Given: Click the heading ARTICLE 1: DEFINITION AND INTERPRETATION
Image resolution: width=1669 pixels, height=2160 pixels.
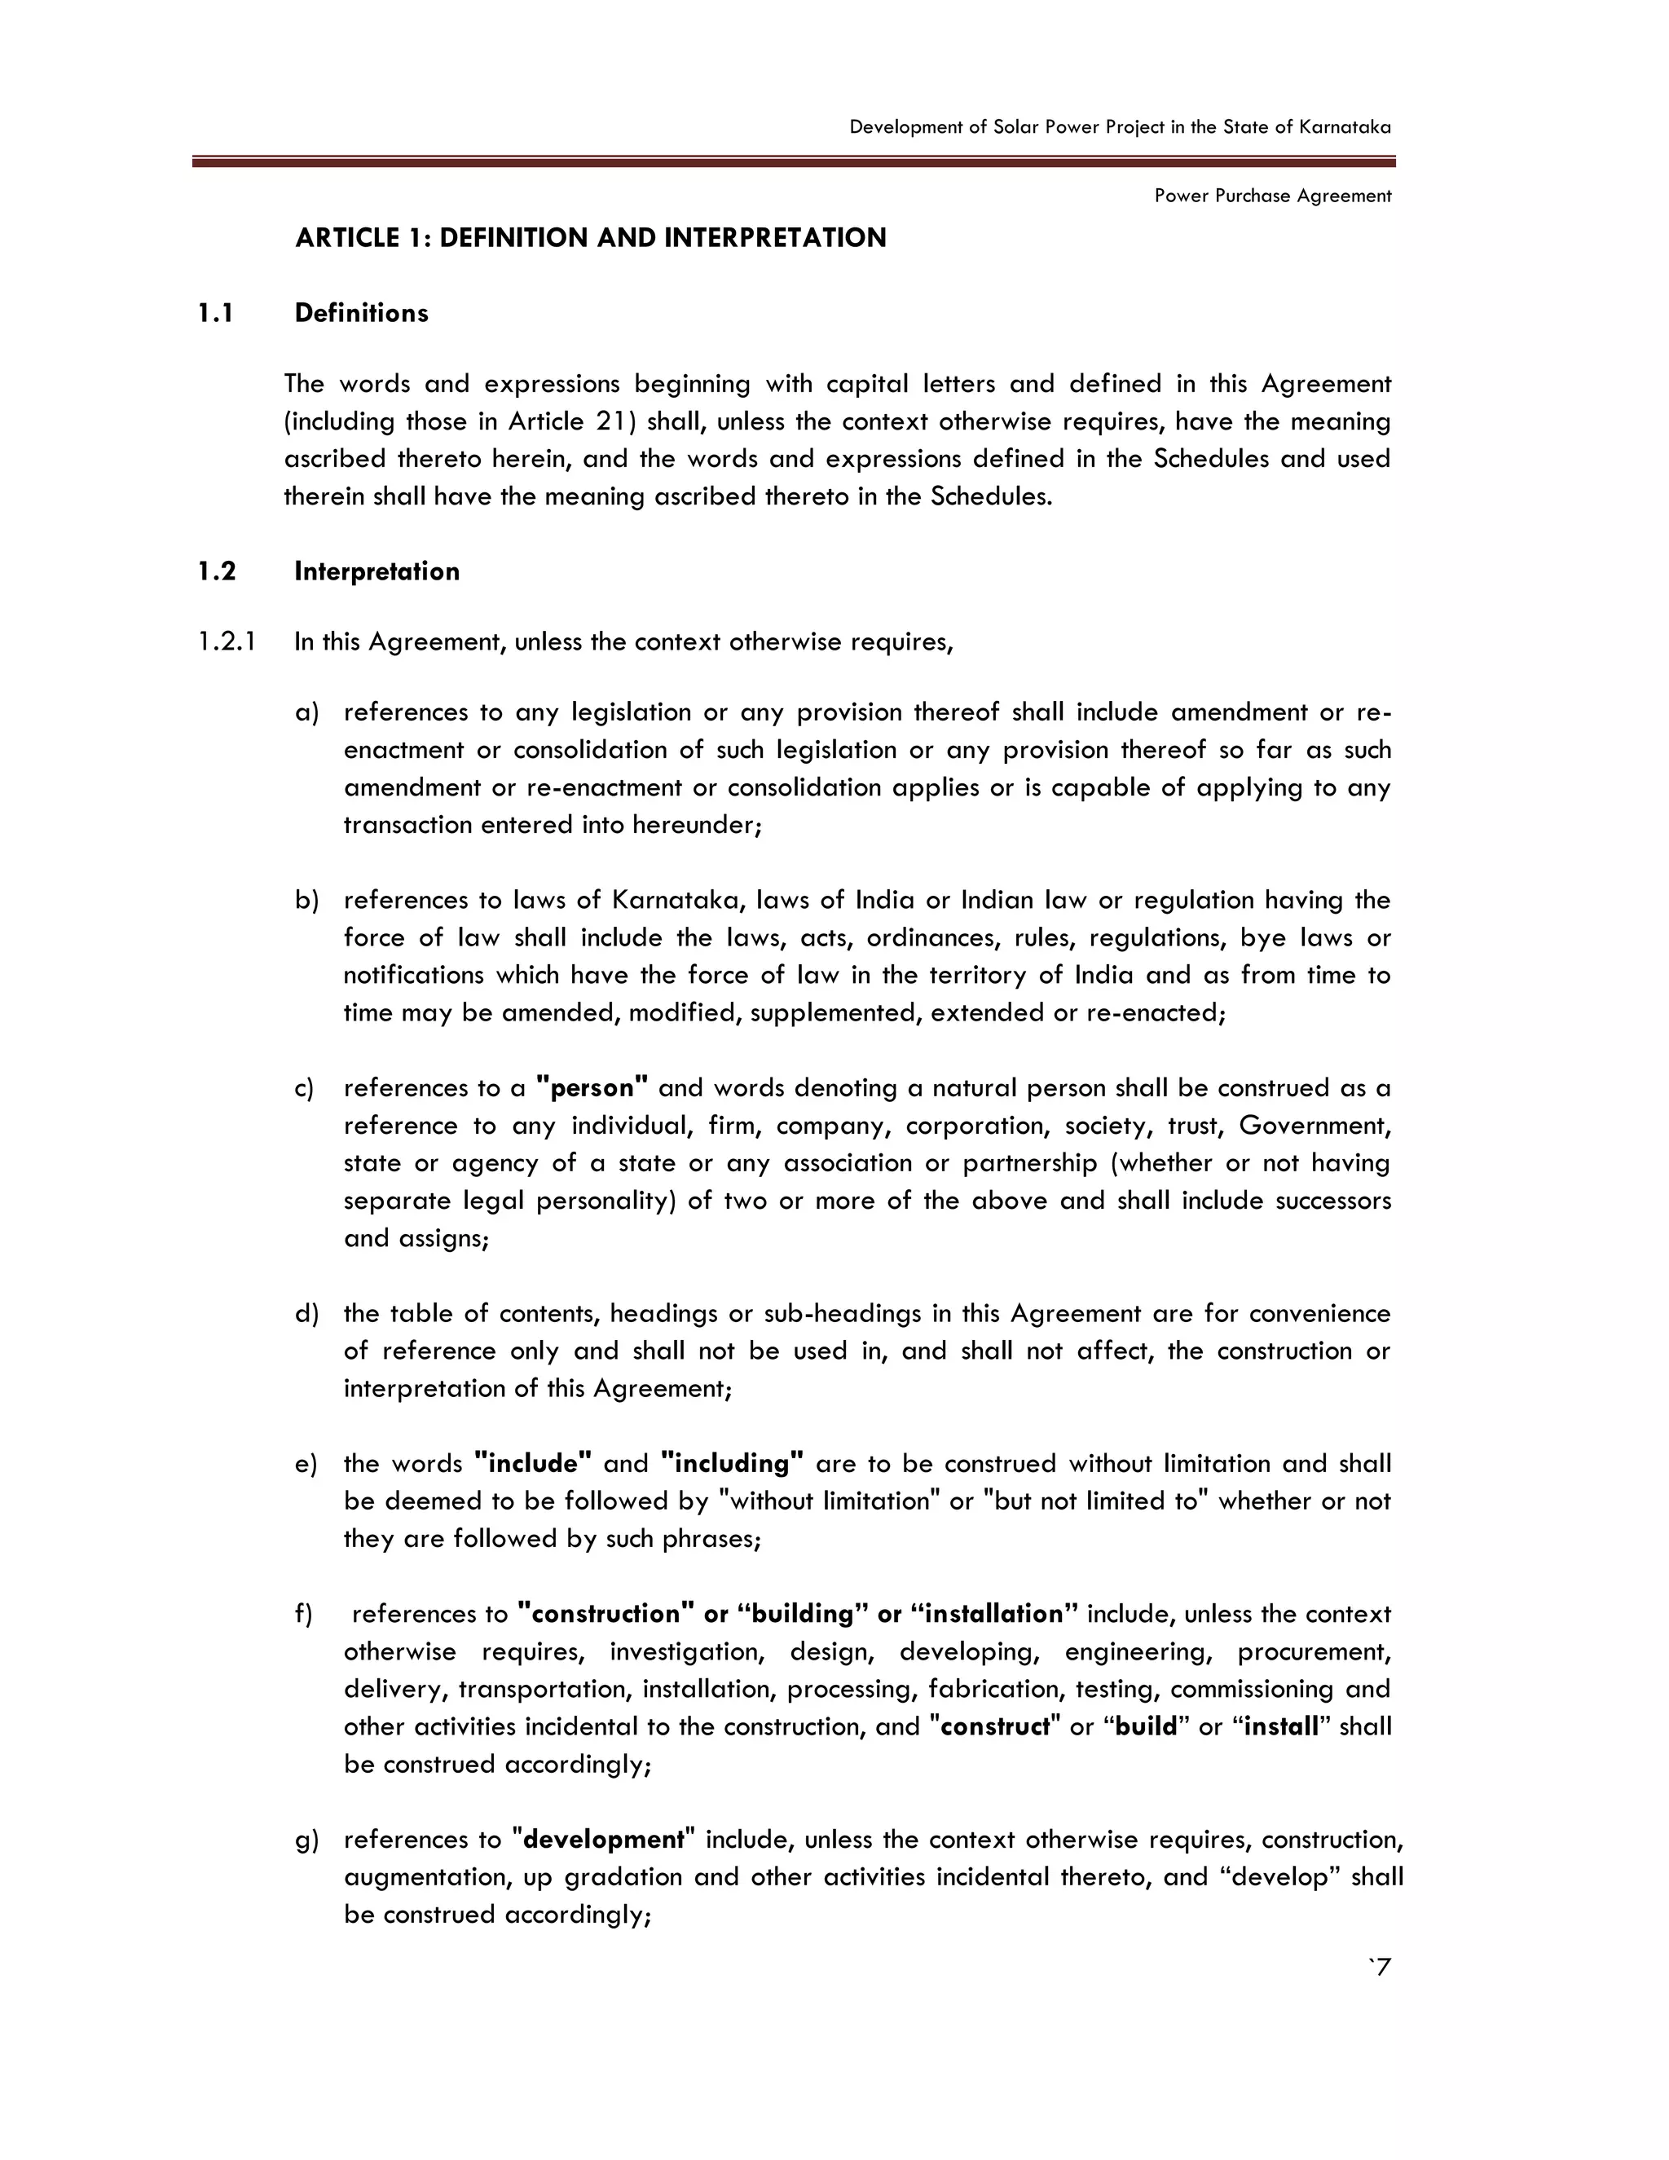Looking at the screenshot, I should click(x=590, y=238).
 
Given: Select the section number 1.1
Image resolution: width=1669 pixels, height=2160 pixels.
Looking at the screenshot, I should click(x=214, y=314).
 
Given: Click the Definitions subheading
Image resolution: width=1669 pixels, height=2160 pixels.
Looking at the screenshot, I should click(x=361, y=314).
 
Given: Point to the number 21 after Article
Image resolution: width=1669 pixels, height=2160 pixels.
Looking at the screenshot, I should click(x=611, y=421).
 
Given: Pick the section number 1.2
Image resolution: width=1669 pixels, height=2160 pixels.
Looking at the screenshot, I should click(x=215, y=571).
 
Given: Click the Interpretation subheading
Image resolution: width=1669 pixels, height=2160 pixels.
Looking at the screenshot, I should click(x=377, y=571).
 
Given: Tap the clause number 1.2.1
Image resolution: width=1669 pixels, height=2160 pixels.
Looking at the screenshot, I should click(x=226, y=641).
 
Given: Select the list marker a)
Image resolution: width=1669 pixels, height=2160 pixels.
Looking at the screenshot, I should click(x=306, y=713).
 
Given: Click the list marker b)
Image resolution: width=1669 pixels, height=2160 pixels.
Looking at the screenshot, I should click(x=306, y=901).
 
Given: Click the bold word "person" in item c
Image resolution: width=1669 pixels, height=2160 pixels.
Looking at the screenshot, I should click(x=592, y=1088).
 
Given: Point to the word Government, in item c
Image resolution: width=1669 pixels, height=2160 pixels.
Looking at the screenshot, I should click(x=1314, y=1126).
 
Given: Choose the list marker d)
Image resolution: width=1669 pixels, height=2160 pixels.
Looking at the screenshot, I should click(x=306, y=1313).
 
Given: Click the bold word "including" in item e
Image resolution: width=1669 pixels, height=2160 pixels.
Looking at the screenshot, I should click(x=732, y=1464).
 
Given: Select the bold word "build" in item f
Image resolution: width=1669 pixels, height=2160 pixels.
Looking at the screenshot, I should click(x=1146, y=1727).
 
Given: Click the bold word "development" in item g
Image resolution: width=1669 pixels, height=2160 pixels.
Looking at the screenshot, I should click(x=603, y=1840).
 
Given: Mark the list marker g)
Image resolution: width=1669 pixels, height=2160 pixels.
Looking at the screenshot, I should click(x=306, y=1840).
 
